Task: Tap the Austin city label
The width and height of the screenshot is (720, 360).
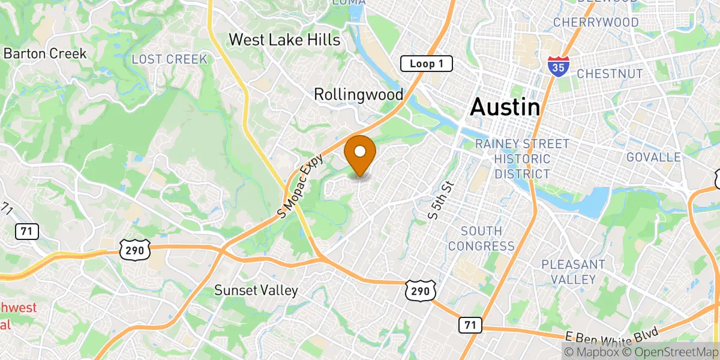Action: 505,107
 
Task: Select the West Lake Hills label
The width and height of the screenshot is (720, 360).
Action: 284,40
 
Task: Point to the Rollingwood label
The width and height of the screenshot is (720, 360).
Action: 358,94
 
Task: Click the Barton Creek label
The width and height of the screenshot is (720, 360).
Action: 45,53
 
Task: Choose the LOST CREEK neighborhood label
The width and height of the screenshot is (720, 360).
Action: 169,59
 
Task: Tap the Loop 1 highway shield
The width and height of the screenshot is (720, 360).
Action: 426,64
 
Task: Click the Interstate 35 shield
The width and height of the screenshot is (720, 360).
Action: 558,67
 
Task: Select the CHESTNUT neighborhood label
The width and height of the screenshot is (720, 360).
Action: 609,74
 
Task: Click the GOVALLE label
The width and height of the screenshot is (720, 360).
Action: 653,157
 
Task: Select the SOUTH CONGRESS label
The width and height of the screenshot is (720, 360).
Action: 481,238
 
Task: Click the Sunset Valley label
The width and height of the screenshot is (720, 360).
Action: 256,290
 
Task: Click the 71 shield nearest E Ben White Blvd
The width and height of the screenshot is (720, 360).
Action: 469,325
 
